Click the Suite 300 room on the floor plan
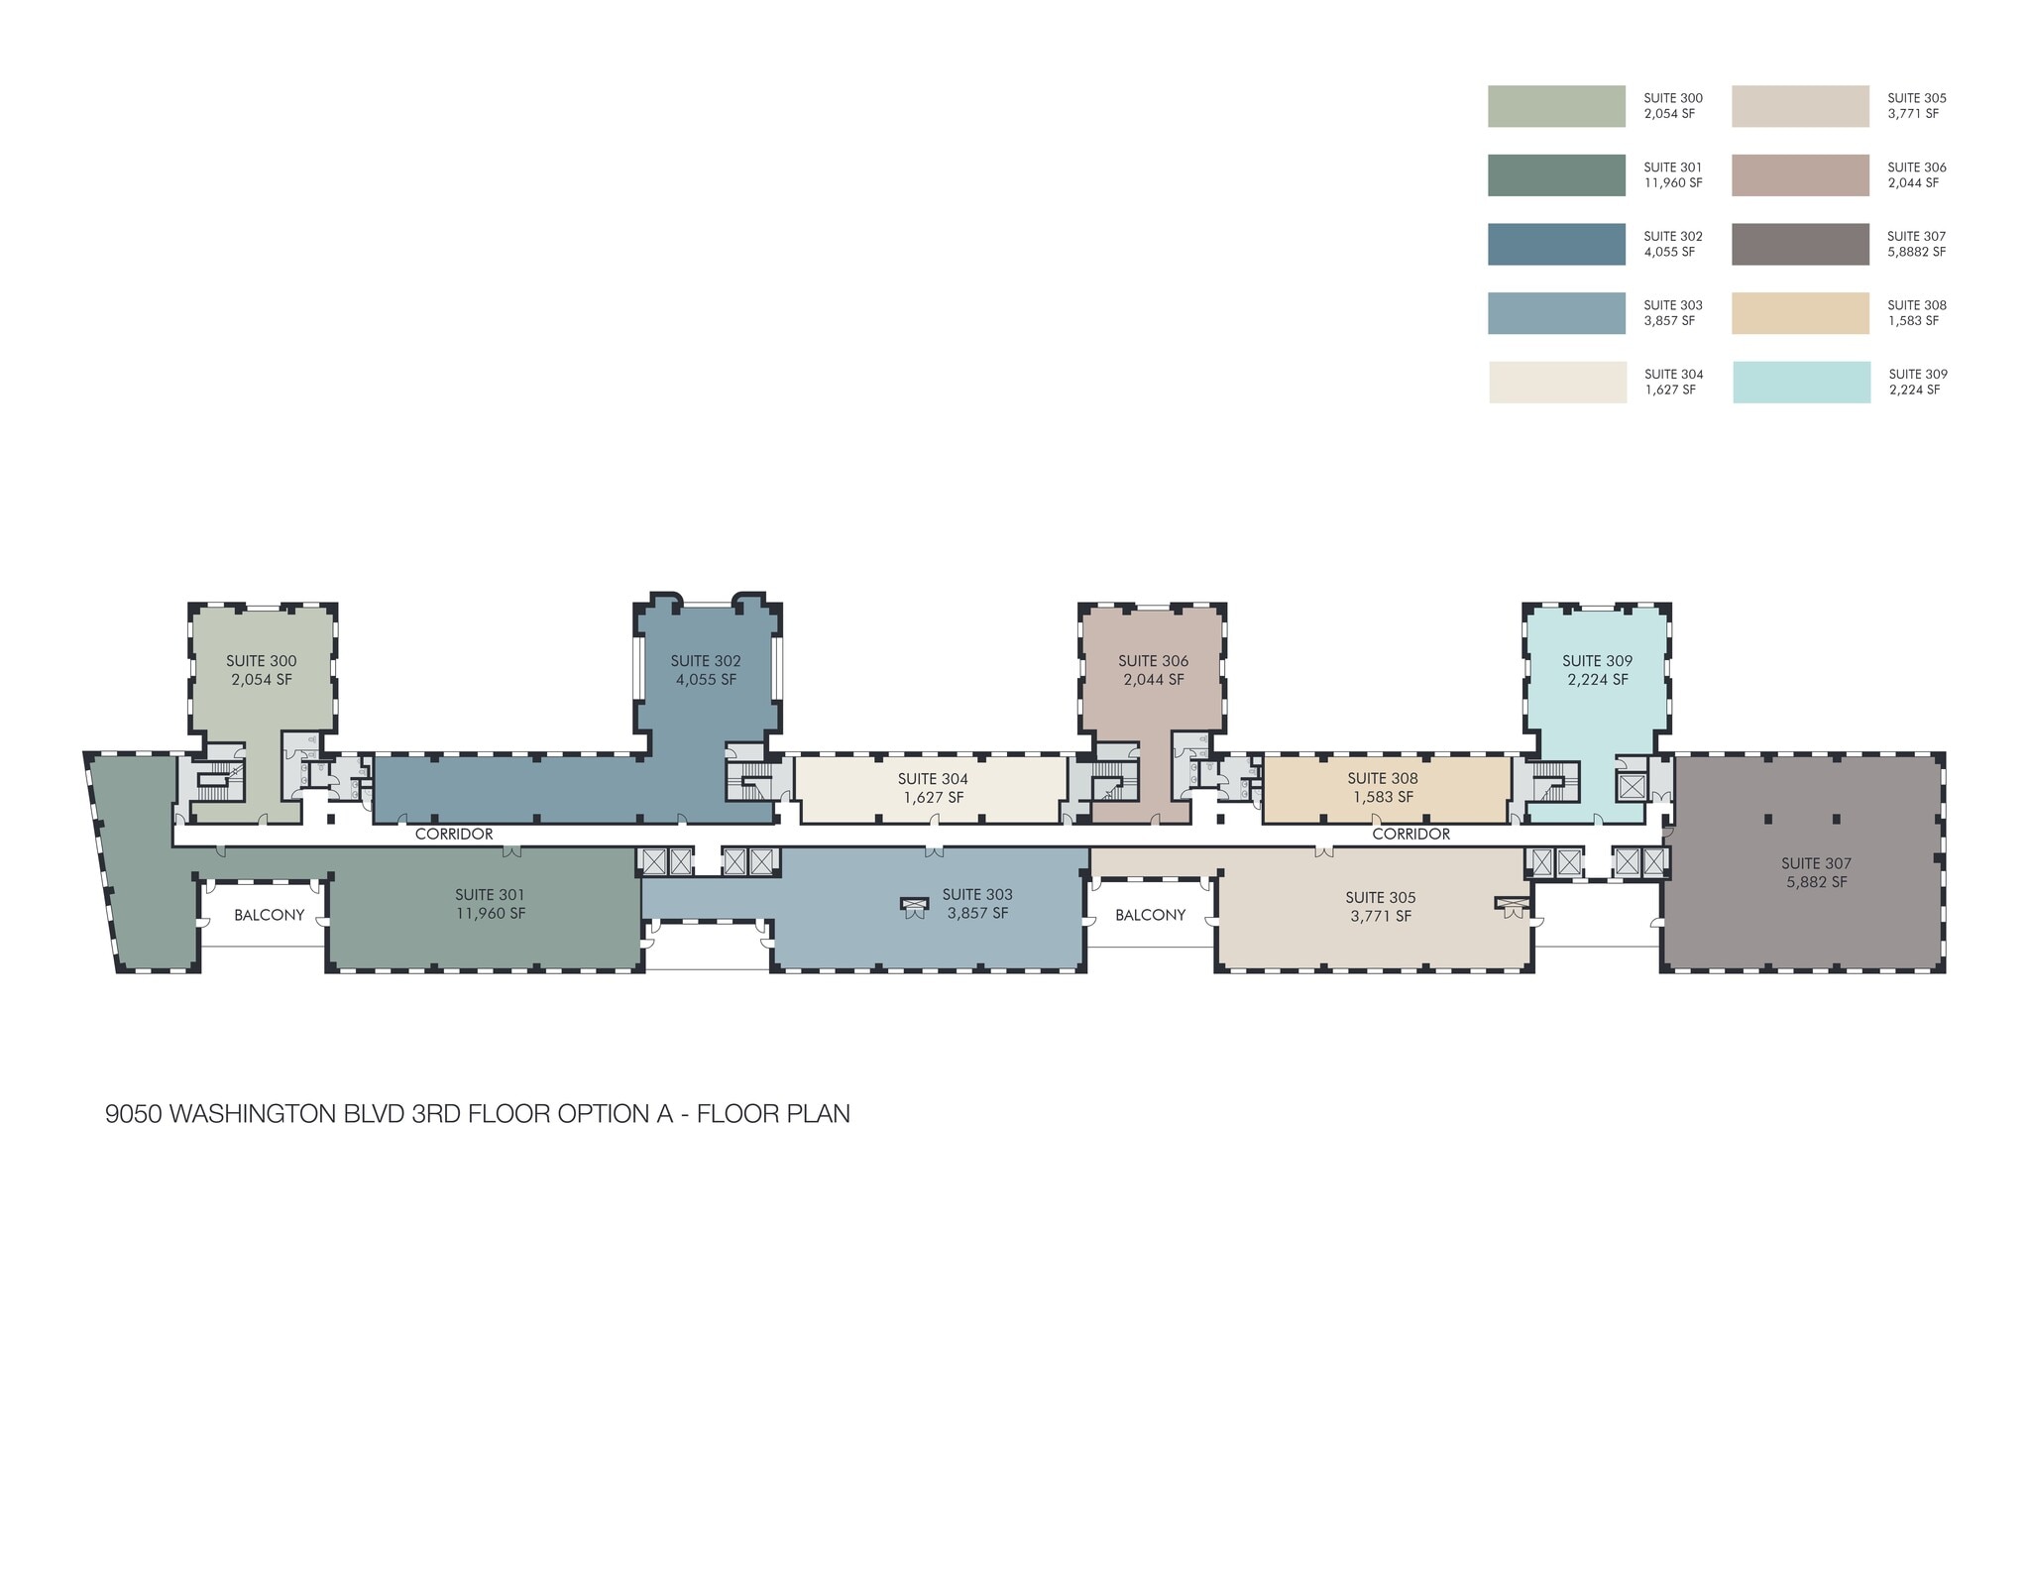coord(262,714)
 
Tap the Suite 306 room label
coord(1153,661)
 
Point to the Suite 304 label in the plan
coord(933,779)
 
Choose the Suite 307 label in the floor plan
coord(1816,863)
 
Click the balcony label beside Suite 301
coord(269,915)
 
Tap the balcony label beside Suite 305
coord(1150,915)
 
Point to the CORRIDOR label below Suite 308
coord(1410,835)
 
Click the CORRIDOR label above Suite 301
coord(454,835)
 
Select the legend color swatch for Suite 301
coord(1556,175)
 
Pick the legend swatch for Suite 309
coord(1801,383)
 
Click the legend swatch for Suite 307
coord(1800,245)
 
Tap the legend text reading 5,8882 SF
coord(1916,252)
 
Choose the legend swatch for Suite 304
coord(1557,383)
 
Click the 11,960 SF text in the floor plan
coord(491,914)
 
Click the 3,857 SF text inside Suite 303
coord(977,914)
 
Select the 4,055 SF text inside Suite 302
coord(706,680)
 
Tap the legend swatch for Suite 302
coord(1556,245)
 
